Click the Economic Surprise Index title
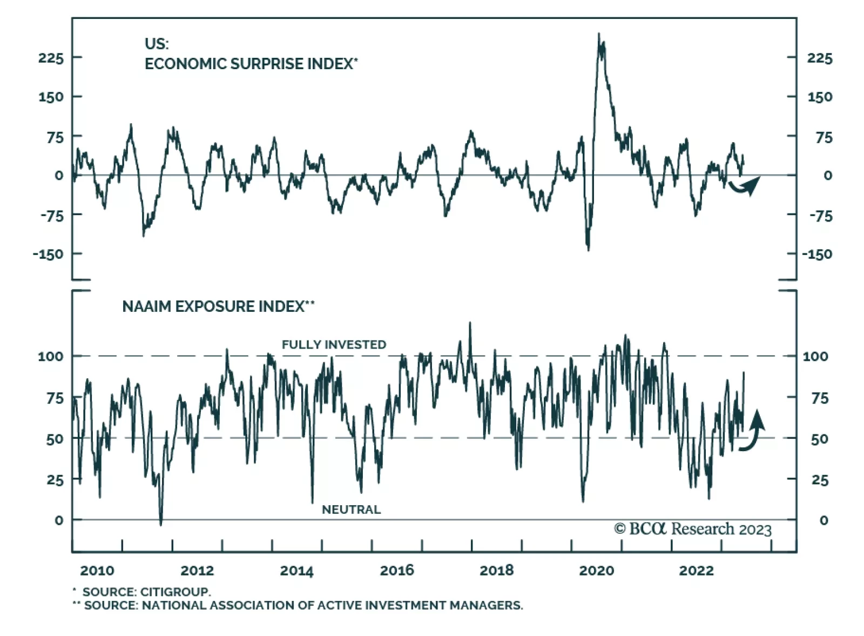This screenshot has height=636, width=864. point(251,64)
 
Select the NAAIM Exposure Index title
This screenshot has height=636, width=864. point(218,306)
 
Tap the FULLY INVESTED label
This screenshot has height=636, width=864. point(334,344)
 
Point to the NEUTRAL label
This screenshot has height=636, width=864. point(351,509)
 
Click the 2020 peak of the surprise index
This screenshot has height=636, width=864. point(598,35)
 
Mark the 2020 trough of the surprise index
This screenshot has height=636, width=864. point(588,249)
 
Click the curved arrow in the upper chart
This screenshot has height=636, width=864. point(745,185)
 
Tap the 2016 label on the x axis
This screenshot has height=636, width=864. point(397,570)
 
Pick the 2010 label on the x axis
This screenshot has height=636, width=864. point(97,570)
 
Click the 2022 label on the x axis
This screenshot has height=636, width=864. point(696,570)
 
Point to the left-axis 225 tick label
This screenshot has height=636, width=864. point(51,58)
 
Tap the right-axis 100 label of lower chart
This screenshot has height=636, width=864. point(815,356)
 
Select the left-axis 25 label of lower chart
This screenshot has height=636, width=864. point(55,480)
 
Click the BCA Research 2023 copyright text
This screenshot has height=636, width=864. point(693,528)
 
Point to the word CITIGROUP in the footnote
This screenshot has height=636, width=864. point(175,592)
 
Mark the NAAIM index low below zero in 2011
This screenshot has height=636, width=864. point(160,524)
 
